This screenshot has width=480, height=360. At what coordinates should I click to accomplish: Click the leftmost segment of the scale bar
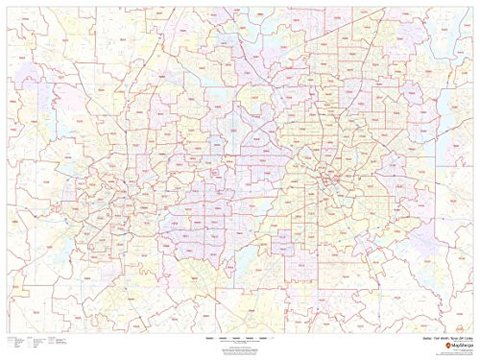(x=212, y=339)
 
